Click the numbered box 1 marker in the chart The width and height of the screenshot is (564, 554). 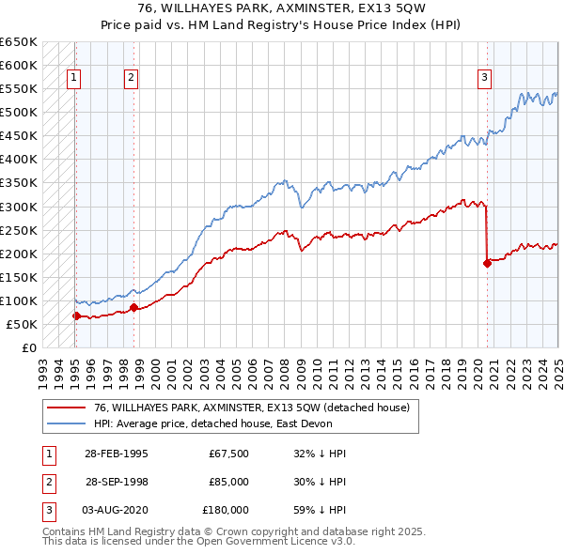point(73,79)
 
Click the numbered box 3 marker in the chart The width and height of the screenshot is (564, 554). point(485,79)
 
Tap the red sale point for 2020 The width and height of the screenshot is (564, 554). point(487,263)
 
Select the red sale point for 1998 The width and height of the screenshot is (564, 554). point(133,307)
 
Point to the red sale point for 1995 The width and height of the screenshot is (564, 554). point(76,315)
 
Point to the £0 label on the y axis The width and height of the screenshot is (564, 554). point(28,347)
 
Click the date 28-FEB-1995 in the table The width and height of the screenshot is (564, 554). point(117,454)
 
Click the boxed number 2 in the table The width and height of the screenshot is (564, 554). point(47,482)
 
